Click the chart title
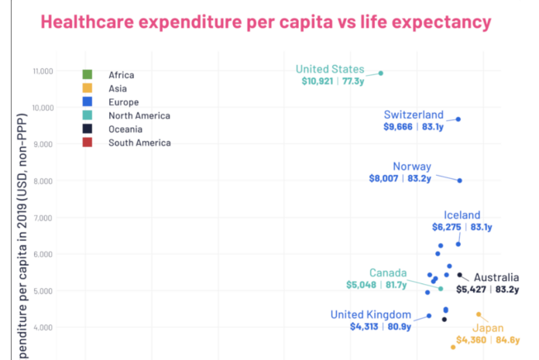tap(266, 22)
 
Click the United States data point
tap(381, 74)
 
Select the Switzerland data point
tap(458, 119)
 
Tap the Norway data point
tap(460, 180)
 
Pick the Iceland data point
tap(458, 244)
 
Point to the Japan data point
tap(479, 314)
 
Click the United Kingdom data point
tap(429, 316)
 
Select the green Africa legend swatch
tap(88, 75)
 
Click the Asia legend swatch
tap(88, 88)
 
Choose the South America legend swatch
tap(88, 142)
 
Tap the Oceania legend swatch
tap(88, 129)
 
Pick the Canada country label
tap(388, 273)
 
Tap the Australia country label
tap(496, 278)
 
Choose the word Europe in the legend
tap(124, 102)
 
